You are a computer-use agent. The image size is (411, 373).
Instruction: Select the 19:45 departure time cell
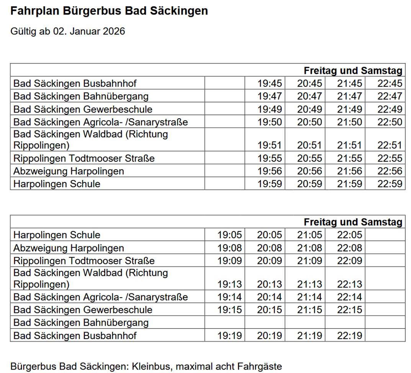269,83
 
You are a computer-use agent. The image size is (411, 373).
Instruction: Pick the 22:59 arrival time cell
390,184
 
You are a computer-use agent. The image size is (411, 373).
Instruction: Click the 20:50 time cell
309,122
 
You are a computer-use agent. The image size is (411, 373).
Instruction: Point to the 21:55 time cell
349,158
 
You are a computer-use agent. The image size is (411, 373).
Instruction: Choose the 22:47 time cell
390,96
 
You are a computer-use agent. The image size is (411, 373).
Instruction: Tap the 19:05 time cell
230,235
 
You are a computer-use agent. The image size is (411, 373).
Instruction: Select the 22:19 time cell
349,336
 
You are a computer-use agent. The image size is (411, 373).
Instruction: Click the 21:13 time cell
309,284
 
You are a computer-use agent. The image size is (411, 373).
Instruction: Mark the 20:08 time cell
269,248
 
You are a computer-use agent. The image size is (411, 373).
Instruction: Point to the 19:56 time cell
269,171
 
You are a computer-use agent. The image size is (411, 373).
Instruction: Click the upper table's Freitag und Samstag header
353,71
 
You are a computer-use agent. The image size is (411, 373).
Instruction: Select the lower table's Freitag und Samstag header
353,222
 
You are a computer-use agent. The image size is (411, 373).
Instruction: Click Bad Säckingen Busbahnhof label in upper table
75,83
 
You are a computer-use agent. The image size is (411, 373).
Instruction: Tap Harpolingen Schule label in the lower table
57,235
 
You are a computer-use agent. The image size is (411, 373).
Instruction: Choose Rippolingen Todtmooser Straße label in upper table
84,158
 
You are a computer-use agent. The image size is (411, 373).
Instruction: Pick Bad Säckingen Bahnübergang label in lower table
81,323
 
